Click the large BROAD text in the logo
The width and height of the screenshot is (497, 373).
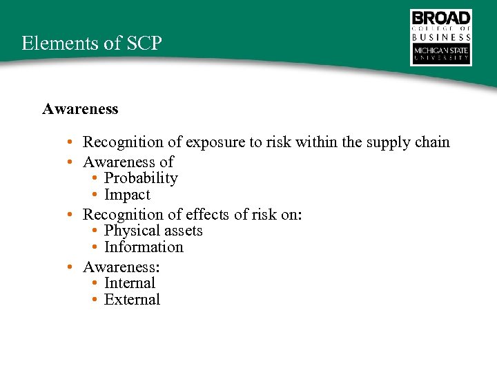(x=441, y=19)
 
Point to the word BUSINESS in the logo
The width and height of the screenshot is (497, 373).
(x=441, y=37)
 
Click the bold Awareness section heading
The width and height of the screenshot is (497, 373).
(x=80, y=109)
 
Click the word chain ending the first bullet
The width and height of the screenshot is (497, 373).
(x=431, y=142)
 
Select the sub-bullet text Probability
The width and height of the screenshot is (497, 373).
(x=141, y=178)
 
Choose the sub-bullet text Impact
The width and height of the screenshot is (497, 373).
(x=127, y=195)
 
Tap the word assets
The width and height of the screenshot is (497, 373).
(x=181, y=231)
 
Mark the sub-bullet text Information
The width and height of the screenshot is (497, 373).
(x=144, y=247)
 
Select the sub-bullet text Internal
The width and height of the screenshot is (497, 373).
(x=130, y=283)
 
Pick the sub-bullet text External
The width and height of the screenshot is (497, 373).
(x=132, y=300)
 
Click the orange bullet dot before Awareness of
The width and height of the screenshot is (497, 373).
(x=71, y=163)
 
